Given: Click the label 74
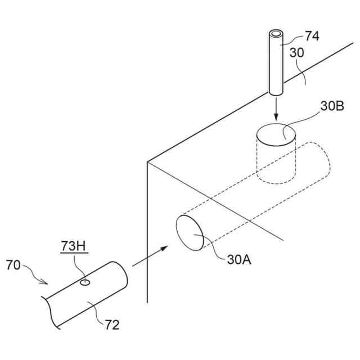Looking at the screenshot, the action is pyautogui.click(x=313, y=37).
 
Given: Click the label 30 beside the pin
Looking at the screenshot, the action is pyautogui.click(x=299, y=53).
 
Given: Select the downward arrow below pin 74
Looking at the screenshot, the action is pyautogui.click(x=276, y=110).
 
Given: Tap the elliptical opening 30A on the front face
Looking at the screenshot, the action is pyautogui.click(x=190, y=231).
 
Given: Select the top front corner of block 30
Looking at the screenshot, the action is pyautogui.click(x=147, y=163).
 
